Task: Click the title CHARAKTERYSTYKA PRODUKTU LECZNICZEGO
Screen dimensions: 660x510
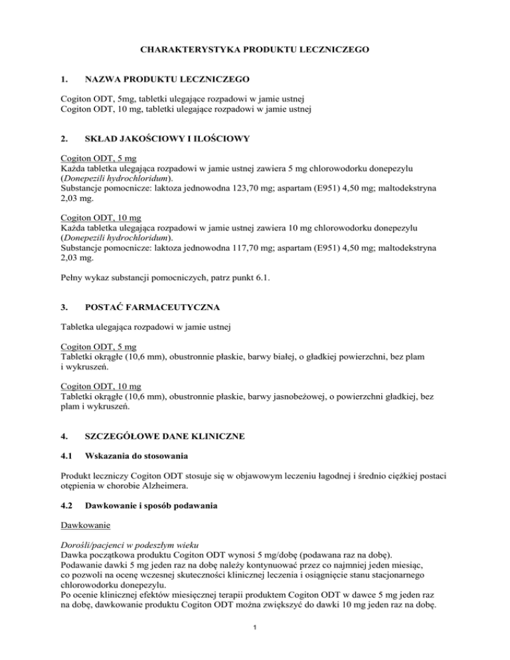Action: [x=255, y=50]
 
